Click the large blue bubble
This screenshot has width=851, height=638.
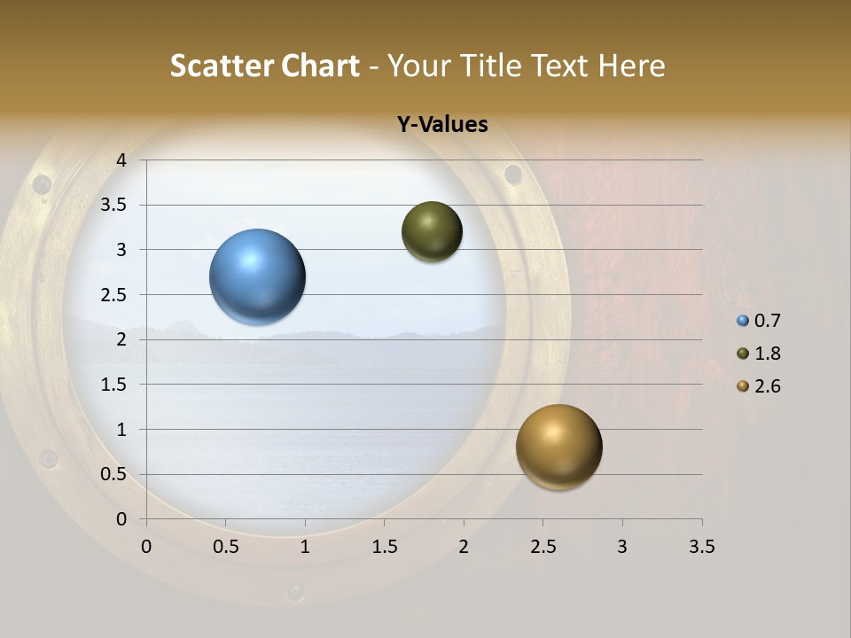[258, 276]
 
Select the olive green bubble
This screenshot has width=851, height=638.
[432, 231]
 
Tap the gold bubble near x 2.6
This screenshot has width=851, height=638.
[558, 447]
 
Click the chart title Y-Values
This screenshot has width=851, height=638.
[441, 124]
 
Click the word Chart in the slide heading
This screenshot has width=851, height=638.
[320, 66]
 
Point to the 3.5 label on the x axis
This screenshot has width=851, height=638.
[701, 547]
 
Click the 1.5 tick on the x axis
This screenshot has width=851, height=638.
[384, 547]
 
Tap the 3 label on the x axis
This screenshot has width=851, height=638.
[622, 547]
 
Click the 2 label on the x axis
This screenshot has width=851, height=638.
[464, 547]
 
